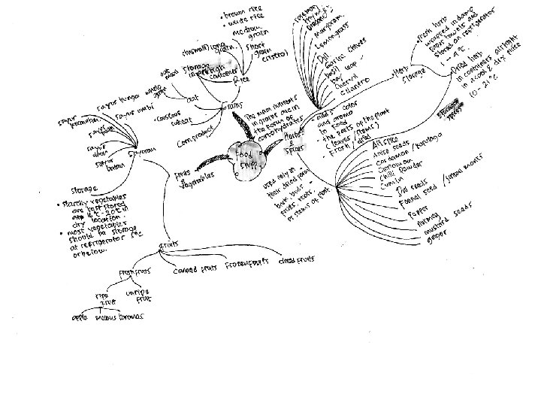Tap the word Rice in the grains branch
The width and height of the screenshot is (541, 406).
240,79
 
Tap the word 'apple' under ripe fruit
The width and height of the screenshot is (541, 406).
80,318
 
